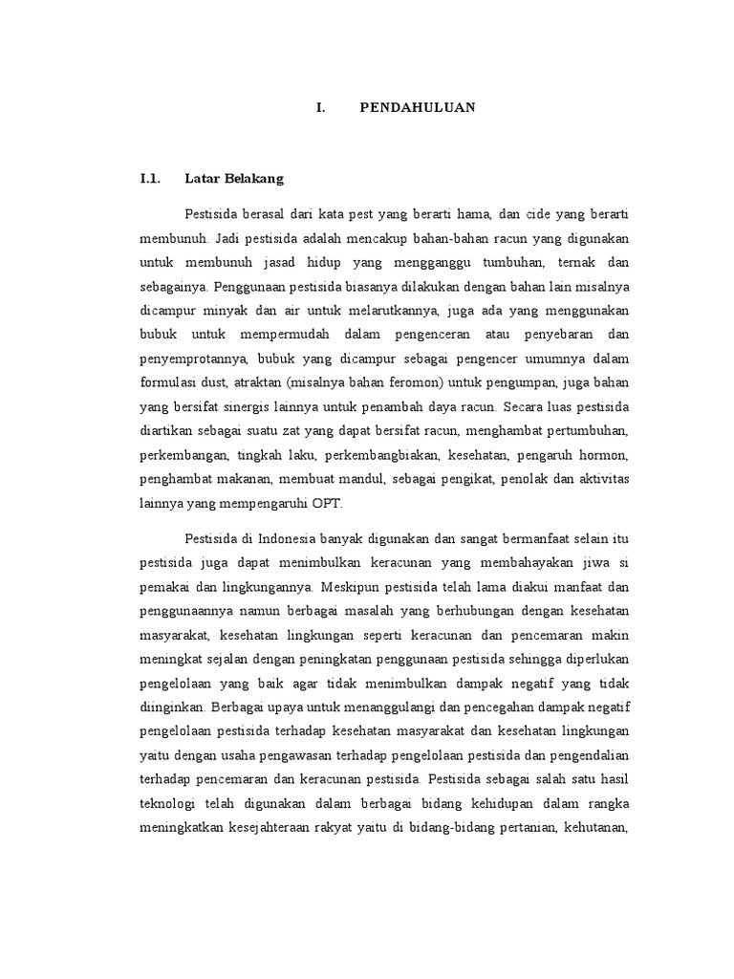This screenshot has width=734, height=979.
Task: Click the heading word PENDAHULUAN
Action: (x=418, y=108)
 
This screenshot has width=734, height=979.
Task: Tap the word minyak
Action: (x=233, y=312)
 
